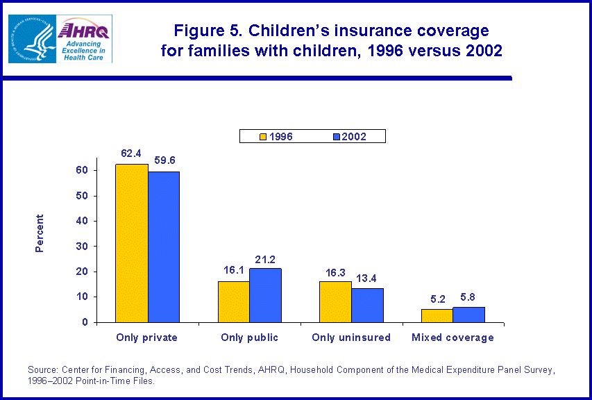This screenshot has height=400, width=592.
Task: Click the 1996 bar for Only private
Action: point(132,243)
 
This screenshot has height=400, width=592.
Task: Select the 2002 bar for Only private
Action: point(164,247)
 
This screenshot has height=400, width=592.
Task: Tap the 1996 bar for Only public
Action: point(234,301)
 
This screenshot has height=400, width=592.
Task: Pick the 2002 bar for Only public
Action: point(266,295)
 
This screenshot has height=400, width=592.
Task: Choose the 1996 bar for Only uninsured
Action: point(335,301)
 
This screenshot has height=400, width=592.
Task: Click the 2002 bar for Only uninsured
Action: point(367,305)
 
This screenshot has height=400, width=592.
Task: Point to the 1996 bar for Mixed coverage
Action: point(437,315)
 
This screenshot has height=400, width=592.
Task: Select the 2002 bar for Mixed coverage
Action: point(468,315)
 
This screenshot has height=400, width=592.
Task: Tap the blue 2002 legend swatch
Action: point(337,137)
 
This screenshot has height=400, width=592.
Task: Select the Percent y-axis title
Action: point(40,233)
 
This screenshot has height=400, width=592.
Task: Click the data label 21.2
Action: point(266,260)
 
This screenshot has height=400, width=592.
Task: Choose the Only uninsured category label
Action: point(352,337)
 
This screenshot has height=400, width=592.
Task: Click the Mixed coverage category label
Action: point(453,337)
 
